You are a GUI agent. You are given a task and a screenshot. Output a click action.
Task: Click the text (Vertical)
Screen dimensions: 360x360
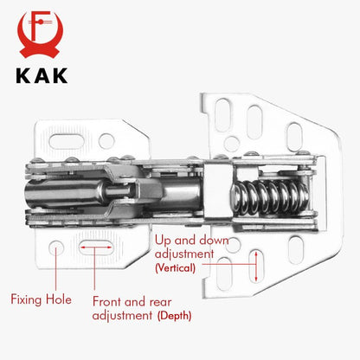(x=176, y=269)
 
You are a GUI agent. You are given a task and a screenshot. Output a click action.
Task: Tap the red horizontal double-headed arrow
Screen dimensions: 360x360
(x=96, y=247)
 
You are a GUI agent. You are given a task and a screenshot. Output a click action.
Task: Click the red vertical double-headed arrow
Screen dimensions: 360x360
(x=257, y=266)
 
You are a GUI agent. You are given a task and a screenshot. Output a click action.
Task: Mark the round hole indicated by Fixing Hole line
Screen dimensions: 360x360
(x=56, y=247)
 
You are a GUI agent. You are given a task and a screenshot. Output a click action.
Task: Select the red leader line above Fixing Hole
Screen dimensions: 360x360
(x=56, y=272)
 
